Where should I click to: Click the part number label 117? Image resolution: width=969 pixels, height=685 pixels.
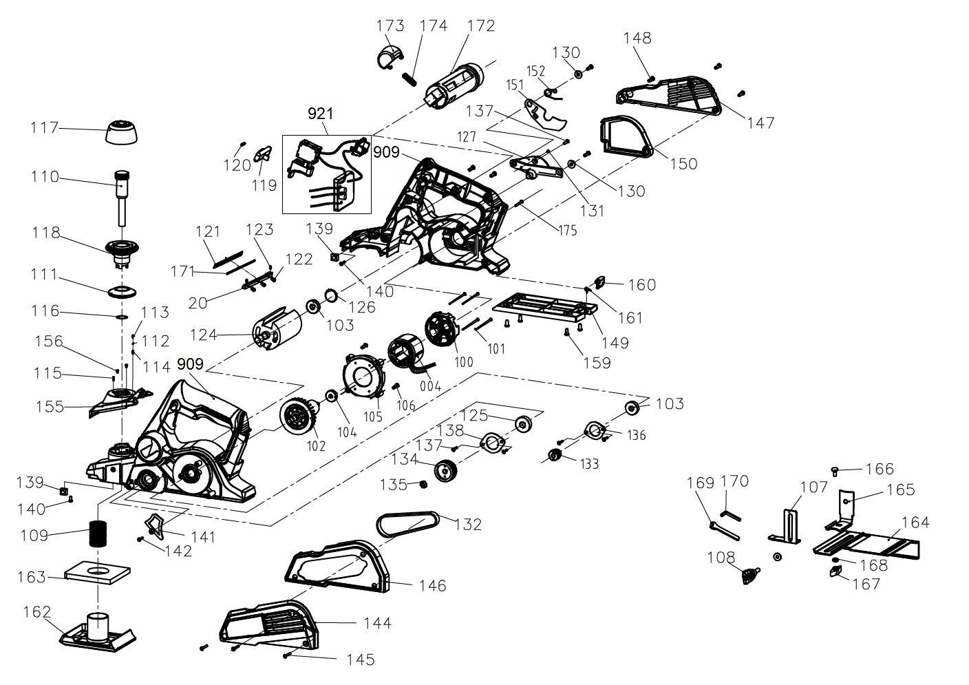[44, 127]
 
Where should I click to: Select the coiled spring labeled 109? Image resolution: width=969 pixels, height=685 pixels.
[98, 534]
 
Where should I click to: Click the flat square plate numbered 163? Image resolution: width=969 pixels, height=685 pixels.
[97, 573]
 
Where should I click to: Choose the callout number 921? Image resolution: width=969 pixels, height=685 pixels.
[321, 114]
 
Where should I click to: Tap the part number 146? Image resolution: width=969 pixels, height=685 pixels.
[433, 586]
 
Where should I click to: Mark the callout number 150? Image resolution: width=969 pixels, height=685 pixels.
[684, 164]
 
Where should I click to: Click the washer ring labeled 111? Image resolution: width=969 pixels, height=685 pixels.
[123, 292]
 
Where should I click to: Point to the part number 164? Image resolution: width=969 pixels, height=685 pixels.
[915, 523]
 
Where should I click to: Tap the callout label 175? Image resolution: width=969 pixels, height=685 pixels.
[568, 230]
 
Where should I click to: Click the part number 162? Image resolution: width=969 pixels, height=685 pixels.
[37, 612]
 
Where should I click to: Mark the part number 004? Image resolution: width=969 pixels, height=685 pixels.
[430, 386]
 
